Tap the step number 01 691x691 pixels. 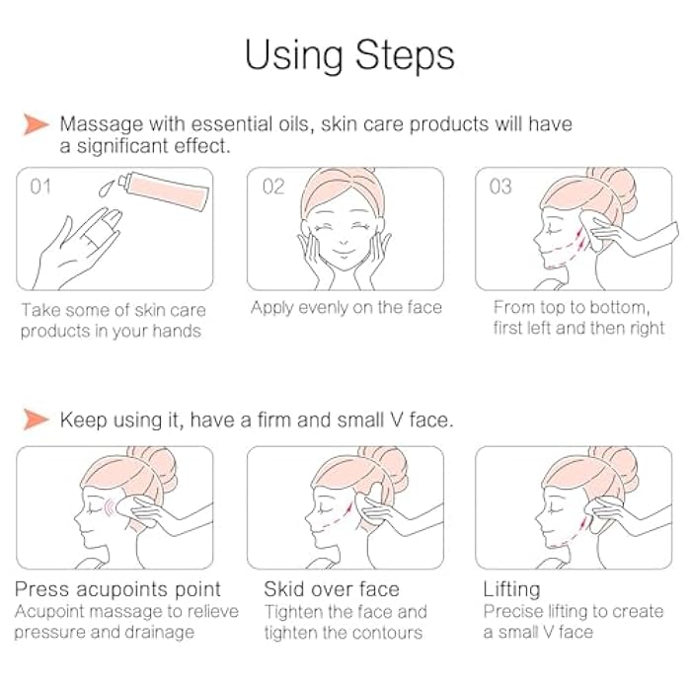click(40, 186)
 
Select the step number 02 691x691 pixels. click(273, 186)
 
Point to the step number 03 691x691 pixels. click(500, 186)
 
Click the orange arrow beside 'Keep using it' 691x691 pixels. click(37, 420)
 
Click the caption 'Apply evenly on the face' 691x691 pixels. click(345, 308)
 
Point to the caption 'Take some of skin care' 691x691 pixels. click(114, 310)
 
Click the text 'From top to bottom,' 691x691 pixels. click(571, 307)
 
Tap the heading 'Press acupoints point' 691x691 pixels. click(117, 590)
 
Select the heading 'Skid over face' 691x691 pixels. click(331, 590)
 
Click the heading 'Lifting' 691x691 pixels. click(511, 590)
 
